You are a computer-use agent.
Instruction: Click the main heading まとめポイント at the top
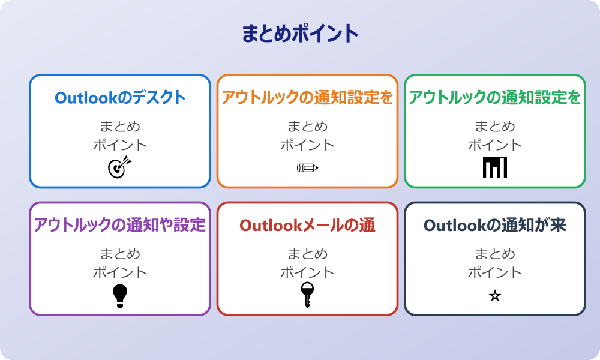point(300,34)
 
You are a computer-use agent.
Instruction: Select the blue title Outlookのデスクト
point(120,98)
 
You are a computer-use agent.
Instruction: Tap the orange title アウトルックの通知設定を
point(307,98)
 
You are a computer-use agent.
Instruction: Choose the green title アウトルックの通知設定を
point(495,98)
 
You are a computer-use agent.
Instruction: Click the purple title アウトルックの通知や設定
point(120,225)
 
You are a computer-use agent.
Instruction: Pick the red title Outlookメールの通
point(307,225)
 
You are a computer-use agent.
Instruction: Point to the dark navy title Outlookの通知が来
point(495,225)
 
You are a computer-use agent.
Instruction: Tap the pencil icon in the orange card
point(307,167)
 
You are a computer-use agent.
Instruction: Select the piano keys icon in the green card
point(495,167)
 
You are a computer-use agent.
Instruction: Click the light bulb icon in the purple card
point(120,295)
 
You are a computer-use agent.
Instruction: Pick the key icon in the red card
point(307,295)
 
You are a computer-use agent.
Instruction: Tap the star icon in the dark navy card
point(495,296)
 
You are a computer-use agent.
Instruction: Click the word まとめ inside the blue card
point(120,127)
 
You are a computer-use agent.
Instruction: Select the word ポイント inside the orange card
point(307,145)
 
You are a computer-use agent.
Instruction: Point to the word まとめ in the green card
point(495,127)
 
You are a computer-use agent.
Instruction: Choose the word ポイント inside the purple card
point(120,272)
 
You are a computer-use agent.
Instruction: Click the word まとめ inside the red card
point(307,254)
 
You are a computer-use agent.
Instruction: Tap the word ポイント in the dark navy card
point(495,272)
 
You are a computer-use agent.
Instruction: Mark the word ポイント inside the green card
point(495,145)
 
